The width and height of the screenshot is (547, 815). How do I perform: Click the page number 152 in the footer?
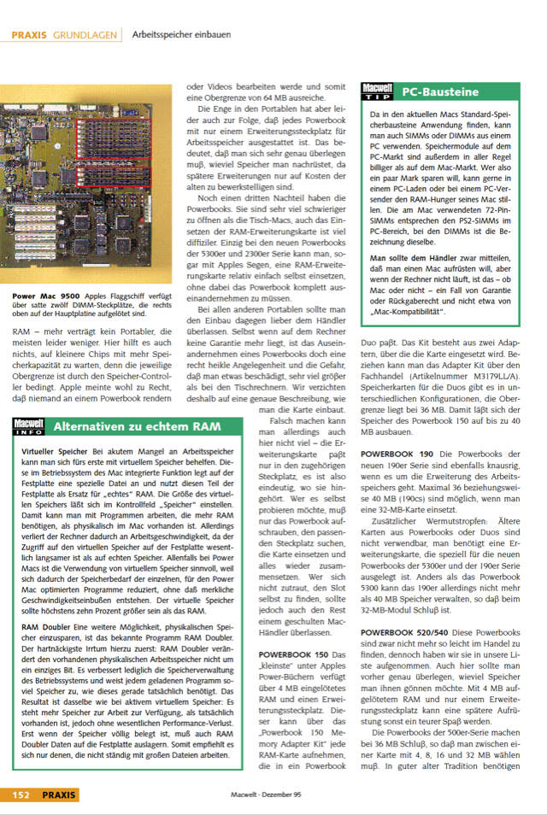tap(21, 795)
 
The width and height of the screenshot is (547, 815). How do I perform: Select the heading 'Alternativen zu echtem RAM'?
tap(137, 425)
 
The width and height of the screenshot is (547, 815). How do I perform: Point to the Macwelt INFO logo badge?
tap(28, 425)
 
